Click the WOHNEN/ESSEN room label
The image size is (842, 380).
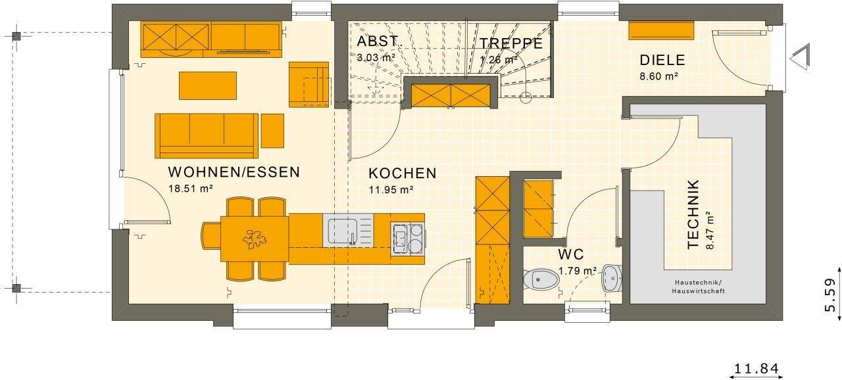pos(234,172)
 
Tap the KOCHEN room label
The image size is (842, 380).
pos(402,174)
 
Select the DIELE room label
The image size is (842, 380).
pos(662,60)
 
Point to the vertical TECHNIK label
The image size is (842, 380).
pos(693,214)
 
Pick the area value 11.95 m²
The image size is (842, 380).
pos(391,190)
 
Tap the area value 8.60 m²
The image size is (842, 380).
pos(659,76)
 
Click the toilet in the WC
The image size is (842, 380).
pos(541,279)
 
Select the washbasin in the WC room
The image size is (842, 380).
pos(611,279)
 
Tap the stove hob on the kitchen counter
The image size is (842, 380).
pos(407,237)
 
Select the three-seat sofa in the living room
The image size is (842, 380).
pos(206,135)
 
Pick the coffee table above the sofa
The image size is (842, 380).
pos(207,85)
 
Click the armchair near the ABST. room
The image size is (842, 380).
pos(308,85)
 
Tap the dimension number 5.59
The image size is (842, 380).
pos(830,295)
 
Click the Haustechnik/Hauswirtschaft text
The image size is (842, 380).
pos(699,286)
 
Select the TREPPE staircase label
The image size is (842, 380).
pos(510,43)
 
